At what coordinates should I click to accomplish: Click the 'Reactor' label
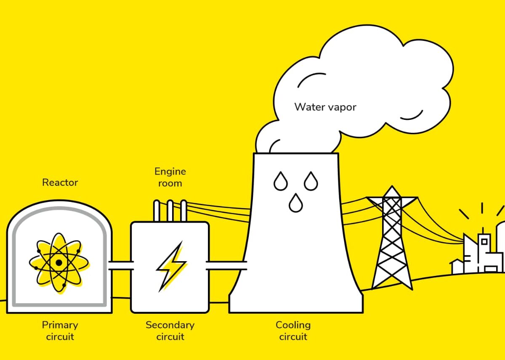click(x=60, y=183)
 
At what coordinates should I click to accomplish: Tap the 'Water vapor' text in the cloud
click(x=325, y=107)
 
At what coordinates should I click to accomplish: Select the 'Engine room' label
click(x=170, y=177)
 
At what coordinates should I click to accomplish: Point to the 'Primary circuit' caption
click(x=60, y=331)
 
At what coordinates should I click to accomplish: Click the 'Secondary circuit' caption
click(x=170, y=331)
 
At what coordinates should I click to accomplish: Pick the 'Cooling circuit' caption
click(x=293, y=331)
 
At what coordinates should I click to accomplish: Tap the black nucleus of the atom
click(x=59, y=263)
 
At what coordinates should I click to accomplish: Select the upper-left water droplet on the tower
click(x=280, y=181)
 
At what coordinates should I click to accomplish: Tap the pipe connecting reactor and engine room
click(x=121, y=265)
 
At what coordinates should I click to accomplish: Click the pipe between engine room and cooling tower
click(x=226, y=265)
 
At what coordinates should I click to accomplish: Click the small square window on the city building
click(x=484, y=241)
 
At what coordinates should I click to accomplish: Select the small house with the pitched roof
click(x=457, y=267)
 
